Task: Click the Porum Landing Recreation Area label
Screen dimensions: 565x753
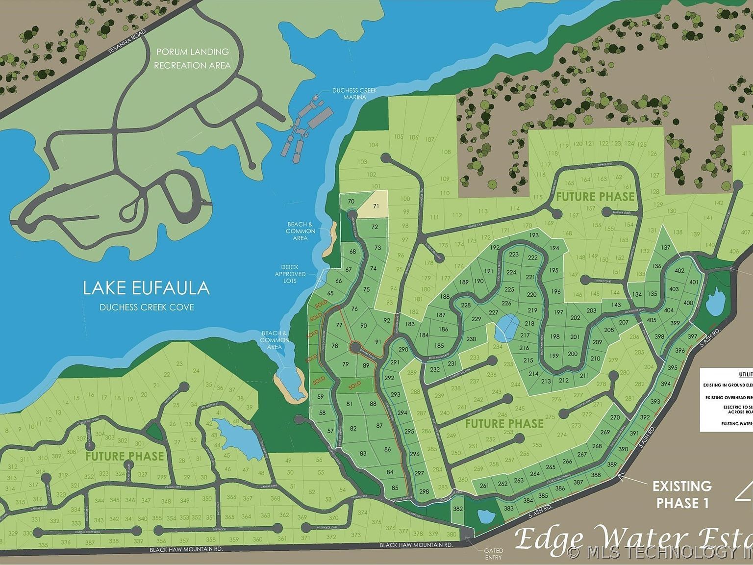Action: [192, 58]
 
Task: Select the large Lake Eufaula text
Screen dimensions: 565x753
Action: [146, 288]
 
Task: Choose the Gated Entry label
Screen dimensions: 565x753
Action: [493, 554]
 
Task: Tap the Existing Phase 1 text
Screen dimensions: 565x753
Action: [682, 494]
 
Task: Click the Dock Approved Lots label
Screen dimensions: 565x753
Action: [290, 274]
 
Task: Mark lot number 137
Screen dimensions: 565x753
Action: [665, 247]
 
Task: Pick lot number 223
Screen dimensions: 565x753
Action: [513, 255]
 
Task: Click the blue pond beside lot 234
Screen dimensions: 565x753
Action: [506, 328]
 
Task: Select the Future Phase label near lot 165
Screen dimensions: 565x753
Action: [595, 197]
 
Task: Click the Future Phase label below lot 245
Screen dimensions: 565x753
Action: [504, 423]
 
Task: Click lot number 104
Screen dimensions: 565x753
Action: [374, 145]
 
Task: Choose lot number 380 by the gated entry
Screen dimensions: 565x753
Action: [451, 534]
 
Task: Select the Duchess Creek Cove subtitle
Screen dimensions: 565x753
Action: [147, 308]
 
